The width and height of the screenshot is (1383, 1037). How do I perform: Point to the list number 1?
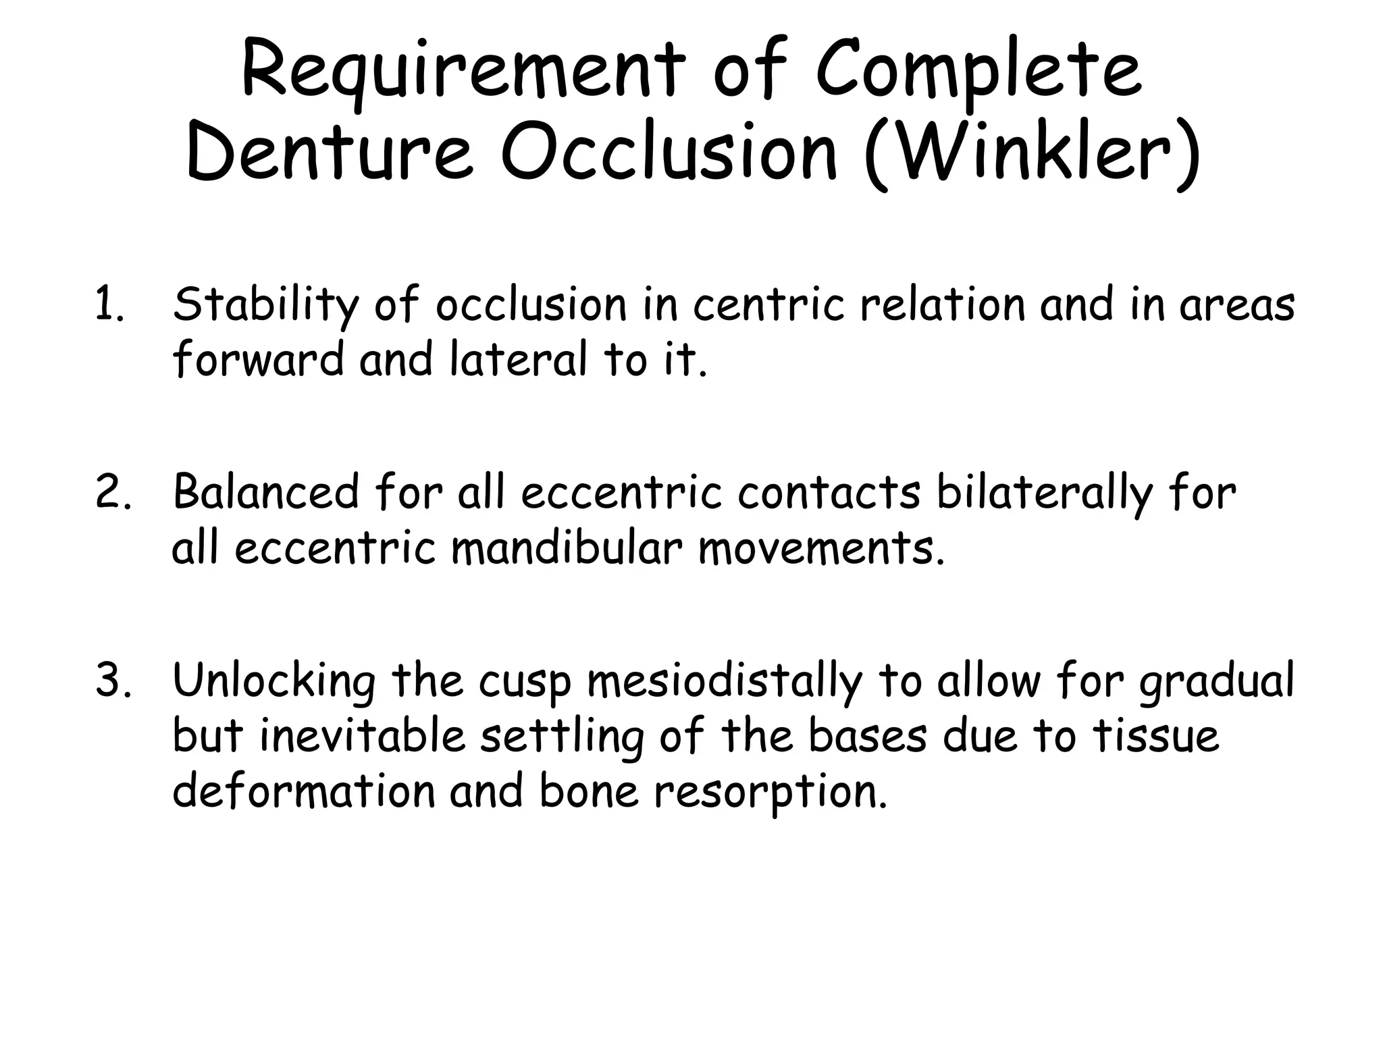(x=109, y=305)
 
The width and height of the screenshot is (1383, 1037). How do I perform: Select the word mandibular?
(x=567, y=548)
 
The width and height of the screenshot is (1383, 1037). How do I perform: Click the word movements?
(x=821, y=548)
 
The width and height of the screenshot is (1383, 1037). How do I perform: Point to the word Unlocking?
(x=273, y=681)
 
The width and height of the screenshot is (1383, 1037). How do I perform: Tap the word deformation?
(x=303, y=790)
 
